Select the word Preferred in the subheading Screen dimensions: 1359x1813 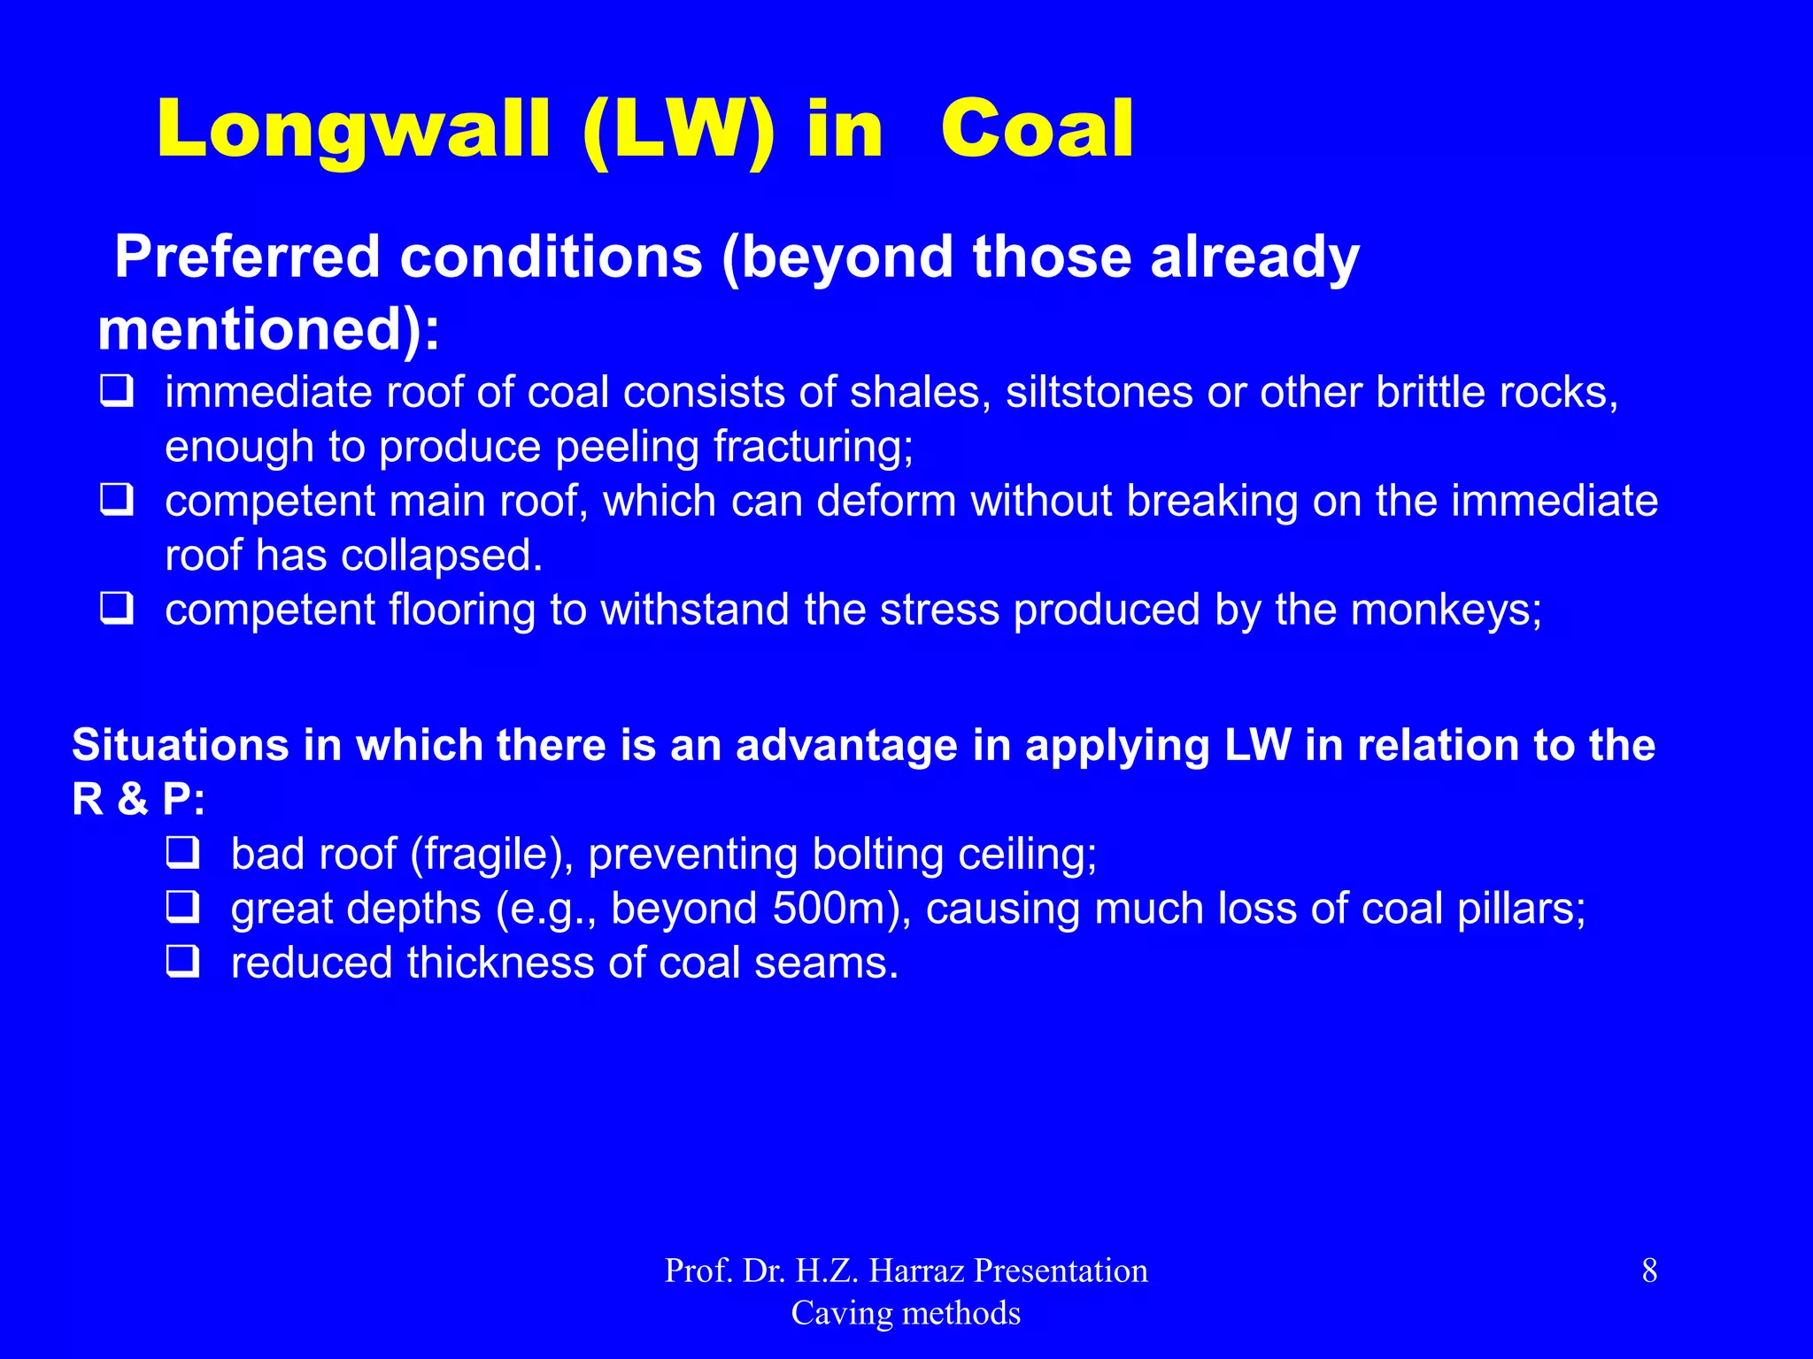tap(247, 257)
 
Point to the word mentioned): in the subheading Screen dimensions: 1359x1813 tap(268, 330)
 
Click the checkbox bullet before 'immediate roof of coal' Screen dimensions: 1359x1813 tap(116, 391)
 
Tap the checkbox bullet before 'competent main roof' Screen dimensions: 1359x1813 tap(116, 500)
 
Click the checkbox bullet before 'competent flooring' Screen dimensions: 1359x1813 tap(116, 609)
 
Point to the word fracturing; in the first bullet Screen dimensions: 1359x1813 tap(813, 447)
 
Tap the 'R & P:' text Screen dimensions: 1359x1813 tap(138, 800)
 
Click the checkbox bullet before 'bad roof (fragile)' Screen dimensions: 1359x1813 tap(182, 853)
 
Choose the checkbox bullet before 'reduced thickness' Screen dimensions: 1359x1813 tap(182, 962)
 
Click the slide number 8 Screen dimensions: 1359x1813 tap(1649, 1271)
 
